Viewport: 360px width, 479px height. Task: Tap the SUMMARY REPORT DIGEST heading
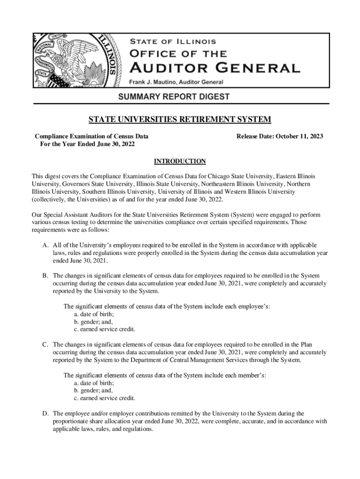[x=180, y=97]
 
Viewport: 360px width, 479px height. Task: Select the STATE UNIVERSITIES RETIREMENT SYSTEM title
[x=180, y=120]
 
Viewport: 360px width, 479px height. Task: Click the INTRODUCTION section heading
[x=180, y=161]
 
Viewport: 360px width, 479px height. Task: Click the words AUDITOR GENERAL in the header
[x=215, y=68]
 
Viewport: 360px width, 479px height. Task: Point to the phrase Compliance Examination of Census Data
[x=92, y=136]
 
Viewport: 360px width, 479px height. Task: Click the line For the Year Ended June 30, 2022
[x=87, y=144]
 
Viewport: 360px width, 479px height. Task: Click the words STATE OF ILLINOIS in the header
[x=173, y=42]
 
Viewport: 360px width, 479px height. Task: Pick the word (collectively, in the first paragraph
[x=50, y=199]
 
